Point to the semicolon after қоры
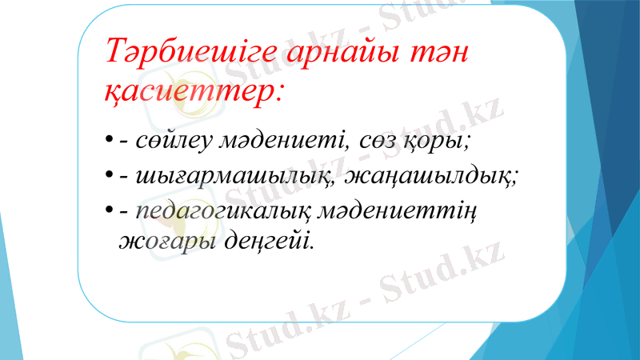click(468, 145)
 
